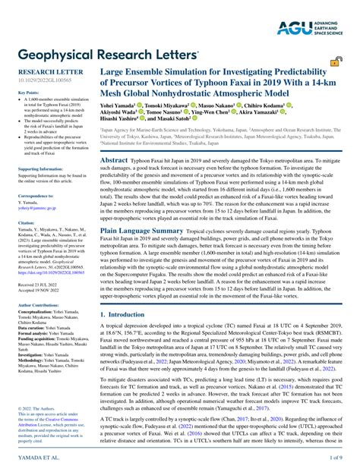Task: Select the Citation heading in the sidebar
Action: point(26,222)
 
